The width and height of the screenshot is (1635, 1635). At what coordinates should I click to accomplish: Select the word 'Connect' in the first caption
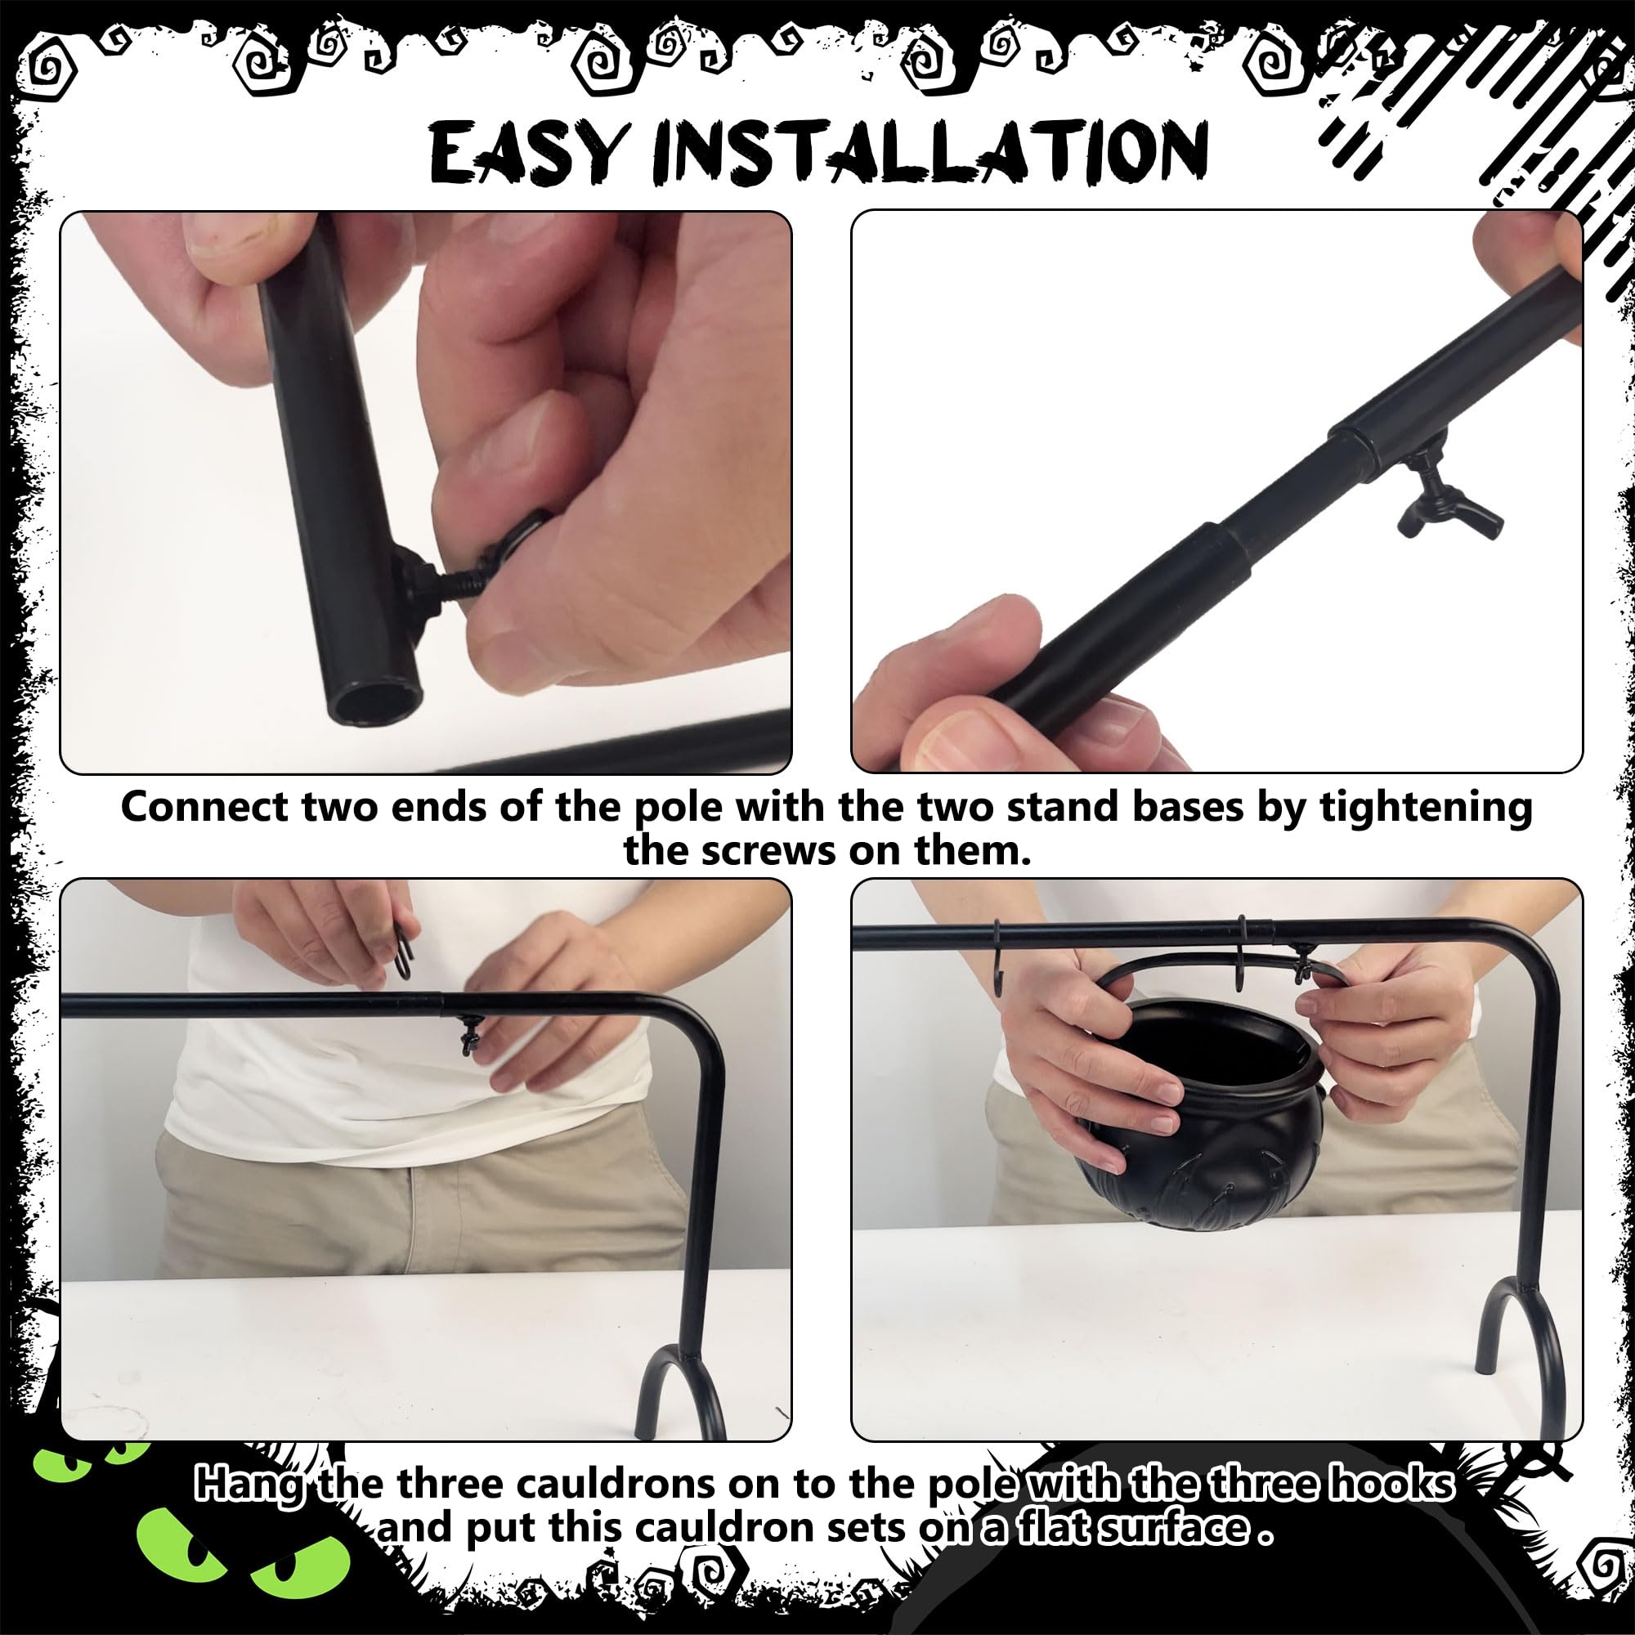(205, 808)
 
